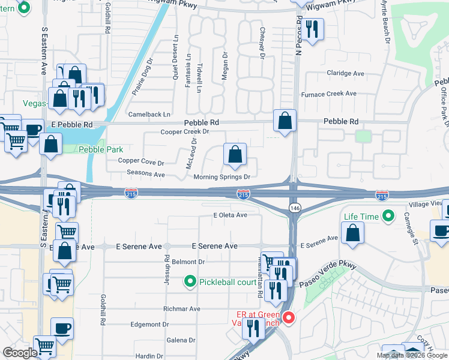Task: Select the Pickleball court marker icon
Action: pos(190,281)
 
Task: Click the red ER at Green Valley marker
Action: pos(288,317)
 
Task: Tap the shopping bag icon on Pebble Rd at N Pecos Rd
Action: pos(285,121)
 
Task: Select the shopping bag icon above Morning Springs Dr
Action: pos(235,154)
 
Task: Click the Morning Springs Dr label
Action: pos(221,177)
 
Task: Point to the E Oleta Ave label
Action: pos(230,215)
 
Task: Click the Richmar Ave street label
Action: pos(182,309)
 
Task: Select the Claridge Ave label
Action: pos(345,73)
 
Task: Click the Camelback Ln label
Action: pos(149,114)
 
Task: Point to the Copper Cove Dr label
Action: pos(141,162)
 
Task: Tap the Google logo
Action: pos(20,353)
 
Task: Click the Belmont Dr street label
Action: pos(188,262)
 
